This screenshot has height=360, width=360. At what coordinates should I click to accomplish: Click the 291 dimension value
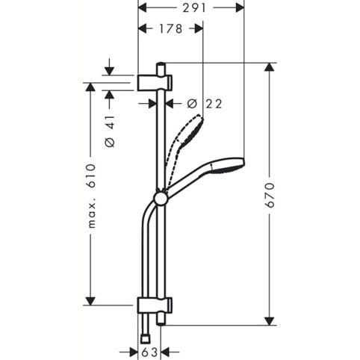click(x=194, y=8)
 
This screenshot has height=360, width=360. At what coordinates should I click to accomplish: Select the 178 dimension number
click(x=171, y=28)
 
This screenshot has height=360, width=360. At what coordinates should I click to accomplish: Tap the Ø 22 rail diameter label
click(x=205, y=104)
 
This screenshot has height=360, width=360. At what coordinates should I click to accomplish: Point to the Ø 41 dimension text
click(x=110, y=131)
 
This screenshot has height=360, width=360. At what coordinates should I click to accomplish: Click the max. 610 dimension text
click(x=92, y=196)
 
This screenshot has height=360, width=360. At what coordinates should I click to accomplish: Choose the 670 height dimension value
click(x=270, y=195)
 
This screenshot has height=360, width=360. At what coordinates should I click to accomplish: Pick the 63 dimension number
click(x=149, y=353)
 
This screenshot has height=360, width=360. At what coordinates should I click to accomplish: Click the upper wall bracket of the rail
click(x=155, y=82)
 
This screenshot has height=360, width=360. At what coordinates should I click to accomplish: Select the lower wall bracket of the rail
click(x=155, y=305)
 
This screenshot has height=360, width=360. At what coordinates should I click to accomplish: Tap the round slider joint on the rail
click(x=161, y=199)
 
